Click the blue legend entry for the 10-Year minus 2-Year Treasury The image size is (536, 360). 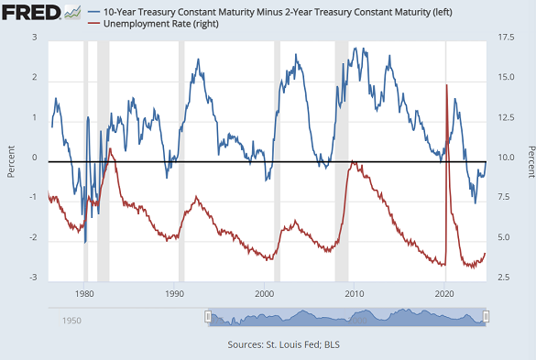[x=256, y=9]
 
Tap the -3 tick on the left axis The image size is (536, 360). [x=32, y=278]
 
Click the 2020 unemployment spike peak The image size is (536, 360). [x=446, y=85]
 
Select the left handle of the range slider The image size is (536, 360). [x=208, y=317]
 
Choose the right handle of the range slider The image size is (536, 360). [x=487, y=317]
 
